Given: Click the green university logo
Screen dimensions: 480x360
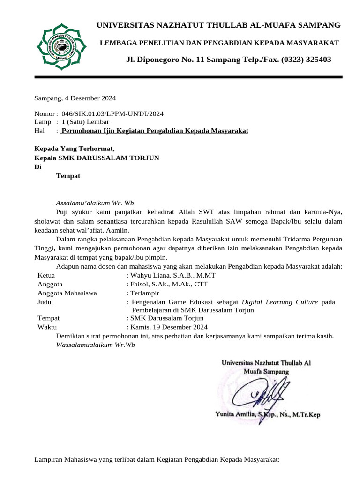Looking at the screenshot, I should coord(61,46).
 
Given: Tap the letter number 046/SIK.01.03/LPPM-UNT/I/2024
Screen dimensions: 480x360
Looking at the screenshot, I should coord(112,114).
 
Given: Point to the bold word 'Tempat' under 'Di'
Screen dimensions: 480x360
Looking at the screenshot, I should coord(68,176).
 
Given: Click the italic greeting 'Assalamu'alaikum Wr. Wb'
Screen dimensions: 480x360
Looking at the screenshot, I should coord(95,203).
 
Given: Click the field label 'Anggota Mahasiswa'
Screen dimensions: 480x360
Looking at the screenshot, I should coord(67,293).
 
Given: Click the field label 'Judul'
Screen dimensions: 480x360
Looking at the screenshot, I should coord(45,302).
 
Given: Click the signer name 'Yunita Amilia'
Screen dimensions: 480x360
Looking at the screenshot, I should coord(235,415).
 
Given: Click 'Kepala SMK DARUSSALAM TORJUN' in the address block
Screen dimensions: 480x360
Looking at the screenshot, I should coord(97,158).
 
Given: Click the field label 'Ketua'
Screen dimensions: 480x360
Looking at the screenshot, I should coord(46,275).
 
